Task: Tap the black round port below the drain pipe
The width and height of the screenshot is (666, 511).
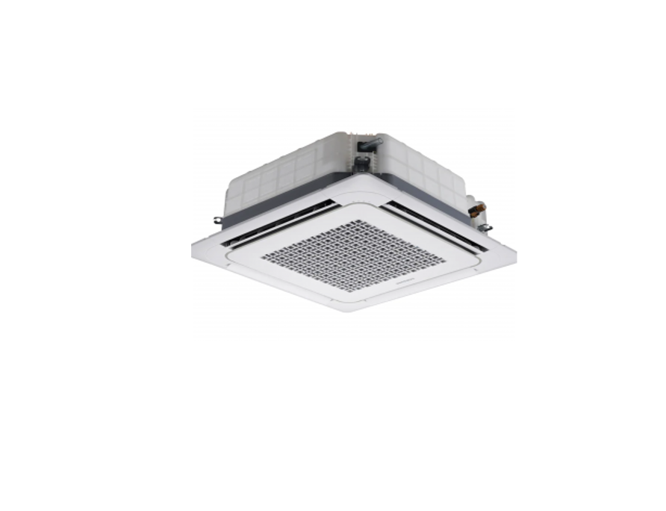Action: [361, 162]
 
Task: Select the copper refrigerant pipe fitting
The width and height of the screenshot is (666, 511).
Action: [476, 209]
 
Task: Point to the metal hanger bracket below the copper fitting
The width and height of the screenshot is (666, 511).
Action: [484, 227]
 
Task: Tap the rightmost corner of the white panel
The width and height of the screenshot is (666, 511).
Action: [514, 253]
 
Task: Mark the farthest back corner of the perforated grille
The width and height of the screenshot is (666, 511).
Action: [356, 221]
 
